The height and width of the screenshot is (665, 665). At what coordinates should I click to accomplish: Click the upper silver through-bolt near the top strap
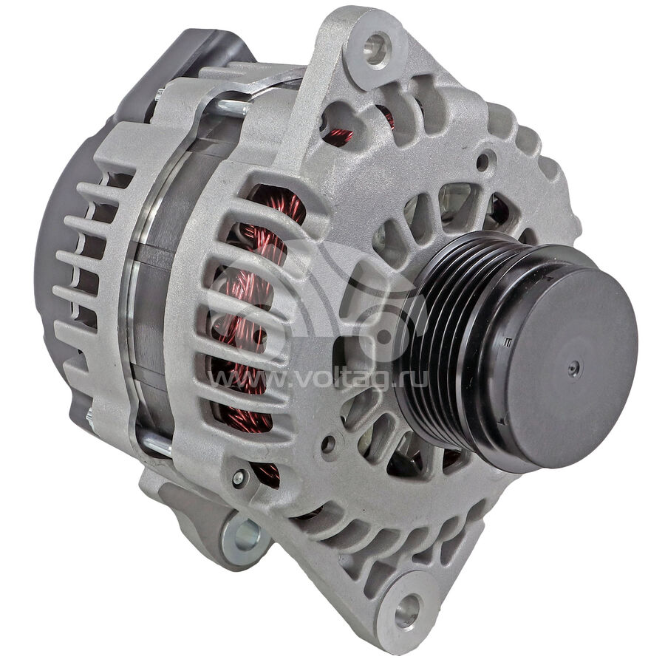233,108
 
